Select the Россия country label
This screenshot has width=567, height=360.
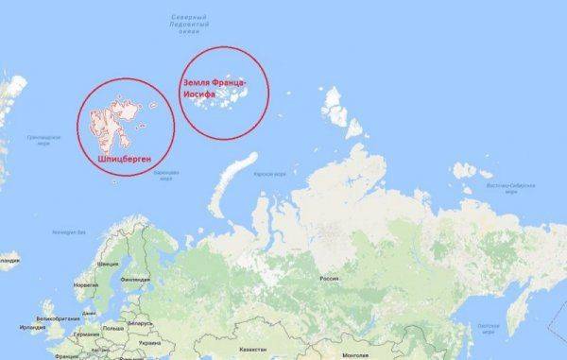coord(329,280)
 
